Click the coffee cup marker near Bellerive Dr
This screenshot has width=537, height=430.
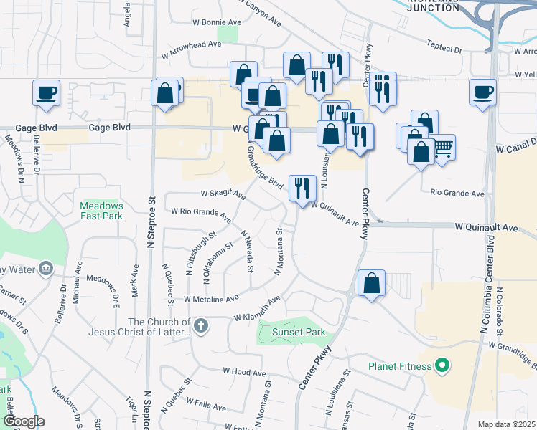46,93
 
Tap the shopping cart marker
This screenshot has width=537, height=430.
443,148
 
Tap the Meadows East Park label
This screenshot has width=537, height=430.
101,210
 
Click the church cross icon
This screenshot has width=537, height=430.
202,326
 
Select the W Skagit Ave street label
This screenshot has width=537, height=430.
223,193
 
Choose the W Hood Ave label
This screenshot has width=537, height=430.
244,372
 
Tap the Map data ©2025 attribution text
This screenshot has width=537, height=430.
506,424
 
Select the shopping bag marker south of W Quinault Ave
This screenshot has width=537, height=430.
371,283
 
